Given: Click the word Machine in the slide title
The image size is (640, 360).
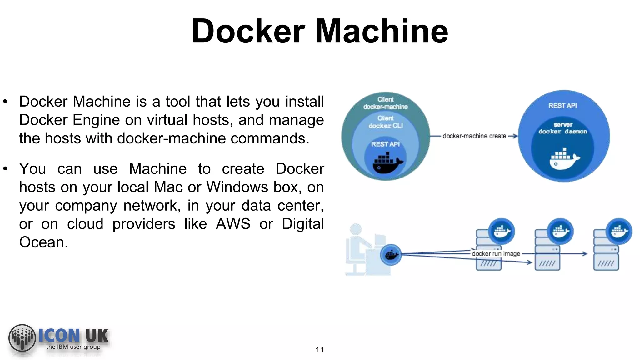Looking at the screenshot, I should point(382,31).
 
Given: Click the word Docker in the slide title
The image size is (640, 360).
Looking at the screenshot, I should point(248,31).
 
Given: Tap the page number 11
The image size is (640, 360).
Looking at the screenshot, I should point(319,350).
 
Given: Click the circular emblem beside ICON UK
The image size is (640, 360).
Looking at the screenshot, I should point(22,338).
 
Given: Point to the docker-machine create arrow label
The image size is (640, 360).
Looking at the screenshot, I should point(474,136).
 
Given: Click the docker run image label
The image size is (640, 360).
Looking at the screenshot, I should point(496,254).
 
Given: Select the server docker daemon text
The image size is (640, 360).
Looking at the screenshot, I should point(563,128).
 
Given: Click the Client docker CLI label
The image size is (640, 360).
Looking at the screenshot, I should point(385,122).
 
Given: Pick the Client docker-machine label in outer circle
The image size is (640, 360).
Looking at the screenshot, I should point(385,103).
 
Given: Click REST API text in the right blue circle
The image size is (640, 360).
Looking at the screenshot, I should point(562,106).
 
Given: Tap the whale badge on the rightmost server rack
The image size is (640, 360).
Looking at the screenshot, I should point(619,232).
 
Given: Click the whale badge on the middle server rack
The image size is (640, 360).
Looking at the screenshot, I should point(560,232).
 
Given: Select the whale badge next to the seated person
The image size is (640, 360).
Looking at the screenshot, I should point(391,255).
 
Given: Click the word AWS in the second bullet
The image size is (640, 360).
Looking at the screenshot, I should point(233,224).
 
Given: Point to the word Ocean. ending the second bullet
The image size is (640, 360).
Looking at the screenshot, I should point(43,242).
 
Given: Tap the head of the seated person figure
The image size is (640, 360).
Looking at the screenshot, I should point(356,229).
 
